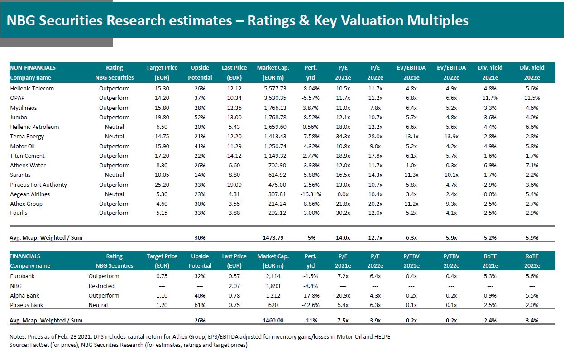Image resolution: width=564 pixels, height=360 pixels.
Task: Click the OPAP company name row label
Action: point(17,98)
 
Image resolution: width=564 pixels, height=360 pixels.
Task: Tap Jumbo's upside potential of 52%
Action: point(200,118)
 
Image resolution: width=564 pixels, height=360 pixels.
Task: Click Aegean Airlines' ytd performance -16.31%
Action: point(310,194)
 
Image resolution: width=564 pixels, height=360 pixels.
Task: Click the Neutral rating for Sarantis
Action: point(114,175)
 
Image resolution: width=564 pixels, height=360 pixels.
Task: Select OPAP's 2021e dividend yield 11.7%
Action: point(490,98)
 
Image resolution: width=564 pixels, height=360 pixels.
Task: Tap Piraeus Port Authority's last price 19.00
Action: point(234,185)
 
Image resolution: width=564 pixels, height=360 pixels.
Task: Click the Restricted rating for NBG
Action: point(101,286)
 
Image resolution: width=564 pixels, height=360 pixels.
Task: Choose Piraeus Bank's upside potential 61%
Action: point(200,305)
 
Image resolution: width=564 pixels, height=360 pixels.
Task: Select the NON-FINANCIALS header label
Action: point(33,68)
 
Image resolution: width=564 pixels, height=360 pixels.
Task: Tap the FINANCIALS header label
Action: point(25,256)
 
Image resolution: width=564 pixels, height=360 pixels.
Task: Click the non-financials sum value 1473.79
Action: point(273,237)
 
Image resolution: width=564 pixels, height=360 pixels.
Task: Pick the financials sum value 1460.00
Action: point(273,321)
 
